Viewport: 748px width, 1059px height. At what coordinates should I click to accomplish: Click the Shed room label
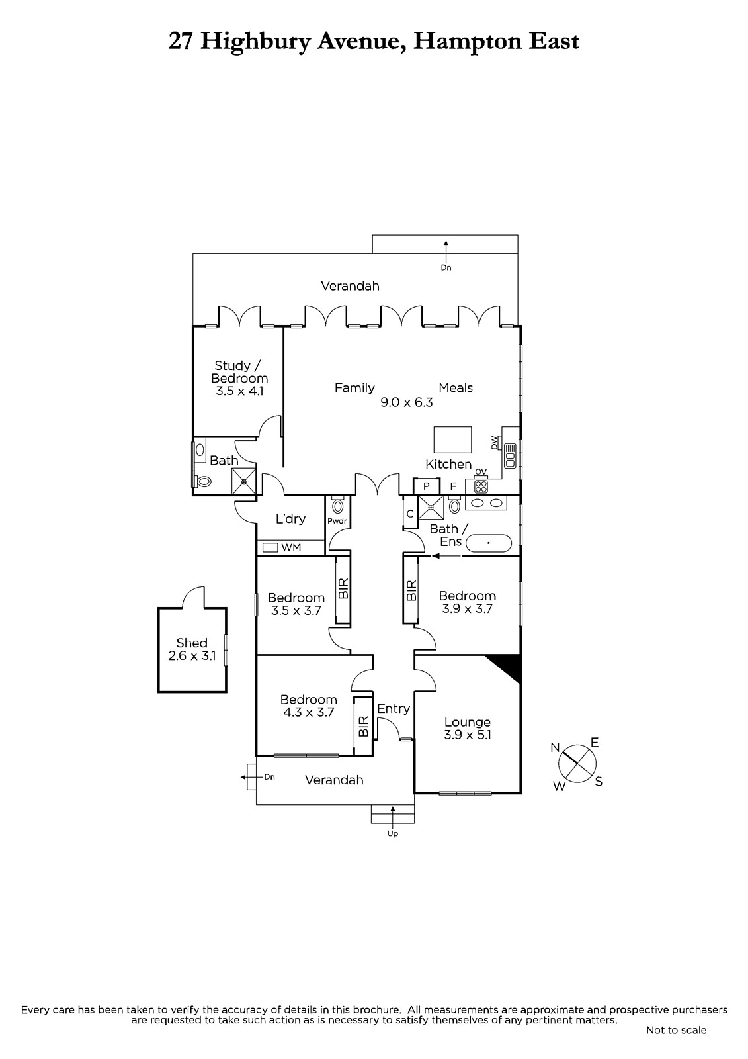pos(192,649)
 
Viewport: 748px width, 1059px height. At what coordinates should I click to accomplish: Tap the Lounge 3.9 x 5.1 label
pos(468,729)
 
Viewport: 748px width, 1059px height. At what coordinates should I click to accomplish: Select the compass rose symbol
pos(577,764)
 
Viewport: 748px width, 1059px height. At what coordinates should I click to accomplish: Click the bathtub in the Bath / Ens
pos(489,543)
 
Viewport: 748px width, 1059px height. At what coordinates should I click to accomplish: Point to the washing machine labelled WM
pos(270,547)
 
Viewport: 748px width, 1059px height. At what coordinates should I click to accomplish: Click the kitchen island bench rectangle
pos(452,439)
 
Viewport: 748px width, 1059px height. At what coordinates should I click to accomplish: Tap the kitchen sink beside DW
pos(510,456)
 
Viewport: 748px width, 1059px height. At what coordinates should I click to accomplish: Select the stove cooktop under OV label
pos(481,486)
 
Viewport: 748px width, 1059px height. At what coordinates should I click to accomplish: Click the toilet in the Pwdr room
pos(337,506)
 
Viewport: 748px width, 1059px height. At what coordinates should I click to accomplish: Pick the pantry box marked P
pos(426,486)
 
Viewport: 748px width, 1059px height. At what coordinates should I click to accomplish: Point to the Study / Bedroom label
pos(239,378)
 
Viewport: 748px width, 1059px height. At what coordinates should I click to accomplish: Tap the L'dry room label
pos(290,519)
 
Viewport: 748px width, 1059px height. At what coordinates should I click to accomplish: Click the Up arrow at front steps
pos(393,815)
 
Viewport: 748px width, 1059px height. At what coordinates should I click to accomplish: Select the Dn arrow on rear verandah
pos(446,252)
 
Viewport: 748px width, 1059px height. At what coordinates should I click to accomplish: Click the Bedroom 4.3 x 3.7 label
pos(309,706)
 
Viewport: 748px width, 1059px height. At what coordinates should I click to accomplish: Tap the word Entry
pos(393,708)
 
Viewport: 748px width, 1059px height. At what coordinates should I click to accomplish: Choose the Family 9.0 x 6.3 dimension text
pos(407,402)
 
